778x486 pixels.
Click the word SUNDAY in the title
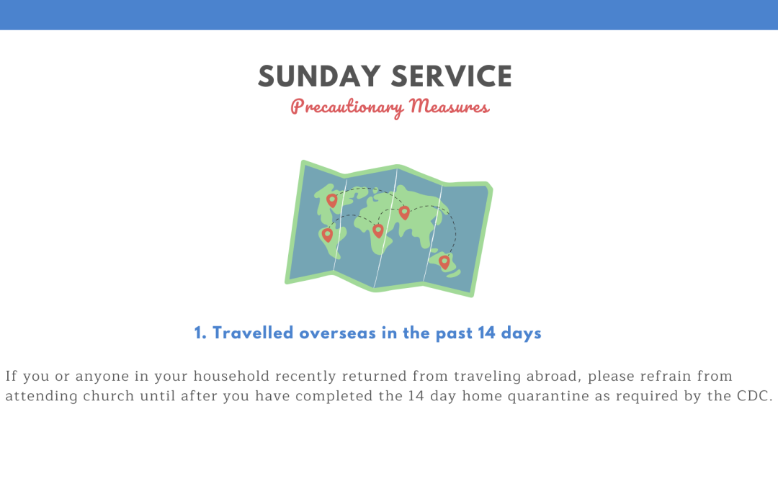(x=319, y=76)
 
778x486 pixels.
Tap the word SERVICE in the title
(x=452, y=76)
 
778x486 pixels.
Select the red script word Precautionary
(x=347, y=107)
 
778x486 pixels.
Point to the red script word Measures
(x=450, y=106)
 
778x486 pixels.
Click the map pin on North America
(x=332, y=200)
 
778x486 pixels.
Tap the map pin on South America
(x=327, y=235)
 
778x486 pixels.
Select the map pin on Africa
(x=378, y=230)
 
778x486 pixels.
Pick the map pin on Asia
(x=404, y=212)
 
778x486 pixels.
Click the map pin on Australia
(x=444, y=262)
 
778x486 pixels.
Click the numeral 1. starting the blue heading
(x=200, y=333)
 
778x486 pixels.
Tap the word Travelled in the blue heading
(x=253, y=333)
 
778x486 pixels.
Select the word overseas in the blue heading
(x=337, y=333)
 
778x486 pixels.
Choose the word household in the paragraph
(x=232, y=376)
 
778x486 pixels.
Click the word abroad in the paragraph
(x=554, y=377)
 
